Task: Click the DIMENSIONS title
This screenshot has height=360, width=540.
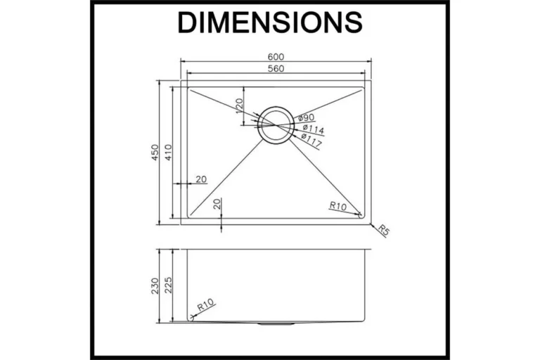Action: point(270,22)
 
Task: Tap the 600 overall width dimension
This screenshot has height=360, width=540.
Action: point(276,57)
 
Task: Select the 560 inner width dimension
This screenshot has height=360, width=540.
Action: point(276,69)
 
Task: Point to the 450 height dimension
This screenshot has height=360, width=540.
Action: point(155,153)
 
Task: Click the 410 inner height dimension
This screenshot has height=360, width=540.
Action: point(168,153)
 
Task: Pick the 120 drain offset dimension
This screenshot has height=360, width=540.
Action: point(239,106)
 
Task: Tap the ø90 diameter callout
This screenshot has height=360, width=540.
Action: point(306,118)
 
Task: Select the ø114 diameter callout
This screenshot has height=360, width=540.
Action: point(314,129)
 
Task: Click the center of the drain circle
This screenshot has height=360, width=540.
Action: point(276,125)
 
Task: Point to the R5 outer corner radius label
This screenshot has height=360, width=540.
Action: point(383,230)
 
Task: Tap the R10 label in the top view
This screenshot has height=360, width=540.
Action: point(337,206)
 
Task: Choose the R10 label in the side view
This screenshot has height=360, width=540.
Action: point(205,304)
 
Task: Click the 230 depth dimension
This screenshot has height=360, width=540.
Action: point(155,286)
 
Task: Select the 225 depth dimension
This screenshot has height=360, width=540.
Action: point(168,285)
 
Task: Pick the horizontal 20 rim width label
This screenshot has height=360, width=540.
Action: point(201,179)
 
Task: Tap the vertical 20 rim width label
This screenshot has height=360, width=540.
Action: point(217,204)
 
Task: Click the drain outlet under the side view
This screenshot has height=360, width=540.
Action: point(276,324)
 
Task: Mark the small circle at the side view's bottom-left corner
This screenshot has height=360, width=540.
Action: point(191,318)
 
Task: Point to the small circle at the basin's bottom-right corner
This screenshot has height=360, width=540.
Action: point(360,215)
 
